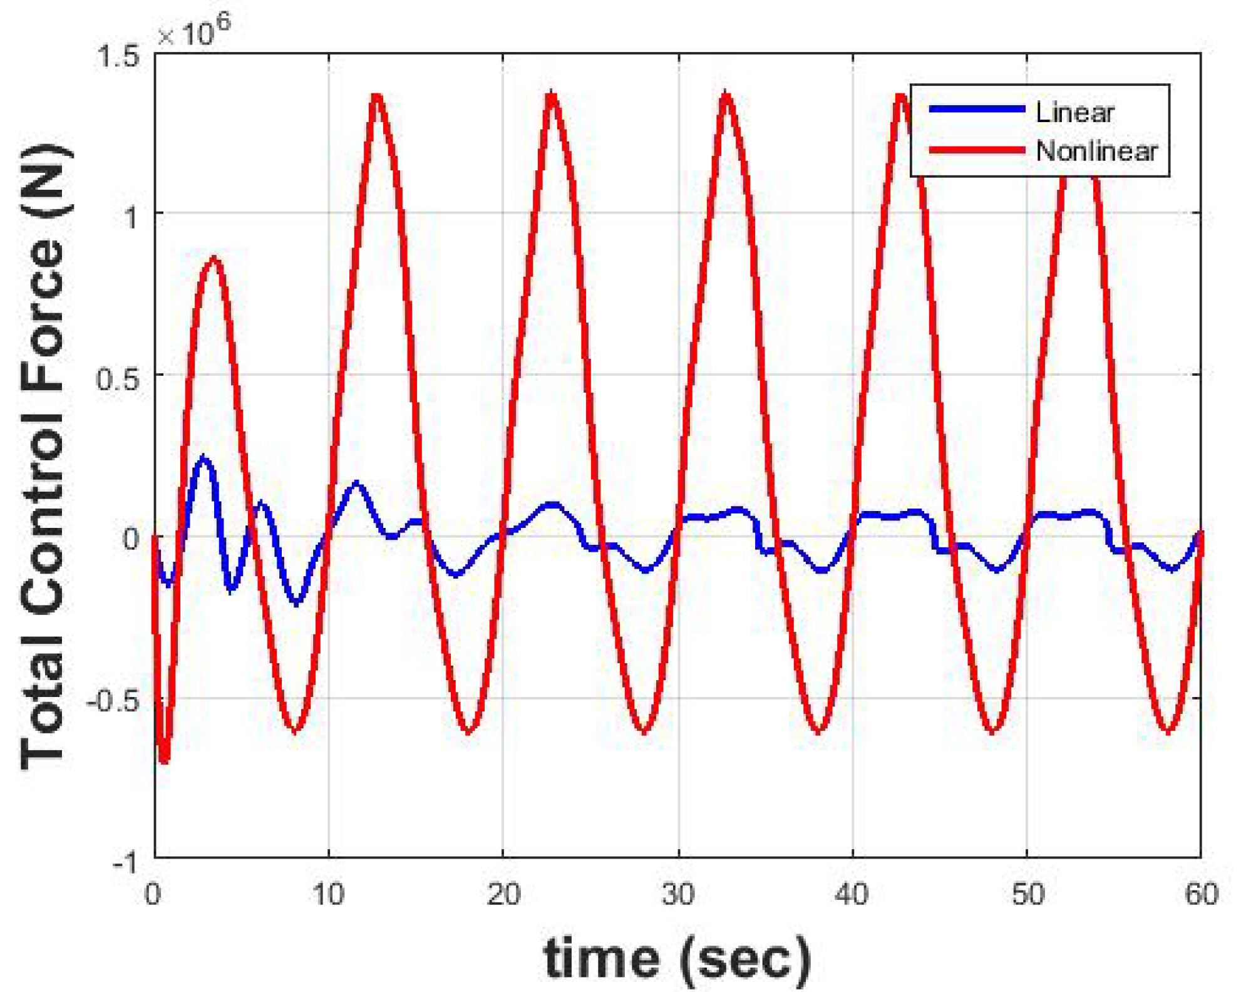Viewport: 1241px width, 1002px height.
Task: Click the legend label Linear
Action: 1074,112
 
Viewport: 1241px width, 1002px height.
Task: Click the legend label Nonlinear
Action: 1096,151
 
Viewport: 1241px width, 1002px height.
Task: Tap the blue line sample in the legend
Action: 976,110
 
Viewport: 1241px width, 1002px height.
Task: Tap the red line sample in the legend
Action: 976,150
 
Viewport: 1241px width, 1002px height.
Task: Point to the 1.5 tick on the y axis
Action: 119,56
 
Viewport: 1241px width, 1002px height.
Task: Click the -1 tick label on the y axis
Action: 125,864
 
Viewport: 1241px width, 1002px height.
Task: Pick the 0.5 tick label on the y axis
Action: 118,378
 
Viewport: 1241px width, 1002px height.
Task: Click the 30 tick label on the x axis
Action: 679,894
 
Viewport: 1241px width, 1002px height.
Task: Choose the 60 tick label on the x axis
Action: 1201,894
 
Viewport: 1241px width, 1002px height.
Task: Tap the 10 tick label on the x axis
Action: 328,894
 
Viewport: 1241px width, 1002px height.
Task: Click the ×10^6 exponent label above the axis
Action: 194,31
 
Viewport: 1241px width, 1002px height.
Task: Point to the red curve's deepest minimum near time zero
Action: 164,760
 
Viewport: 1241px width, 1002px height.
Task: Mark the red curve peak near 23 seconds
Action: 552,96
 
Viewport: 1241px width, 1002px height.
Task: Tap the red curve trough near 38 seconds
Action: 819,730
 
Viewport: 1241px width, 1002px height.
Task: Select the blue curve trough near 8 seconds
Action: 297,602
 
